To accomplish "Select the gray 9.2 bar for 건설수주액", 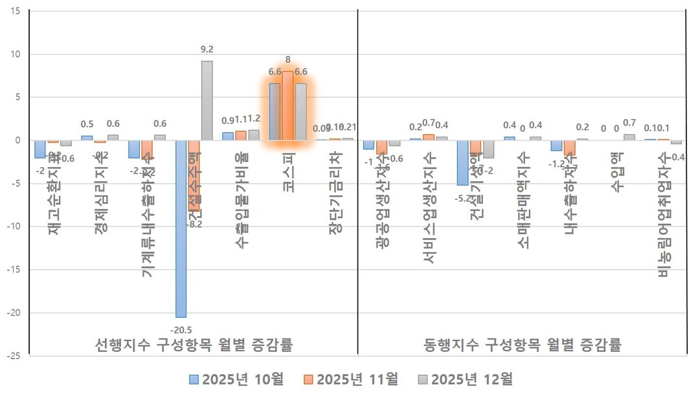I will pos(207,100).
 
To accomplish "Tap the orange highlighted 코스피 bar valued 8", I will pos(287,105).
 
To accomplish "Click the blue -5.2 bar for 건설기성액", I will pos(462,162).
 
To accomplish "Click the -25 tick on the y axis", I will pos(14,356).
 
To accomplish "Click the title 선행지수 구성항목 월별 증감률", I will pos(194,345).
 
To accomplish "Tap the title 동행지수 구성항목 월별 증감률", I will pos(523,345).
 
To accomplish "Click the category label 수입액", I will pos(616,173).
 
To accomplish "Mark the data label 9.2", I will pos(207,48).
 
